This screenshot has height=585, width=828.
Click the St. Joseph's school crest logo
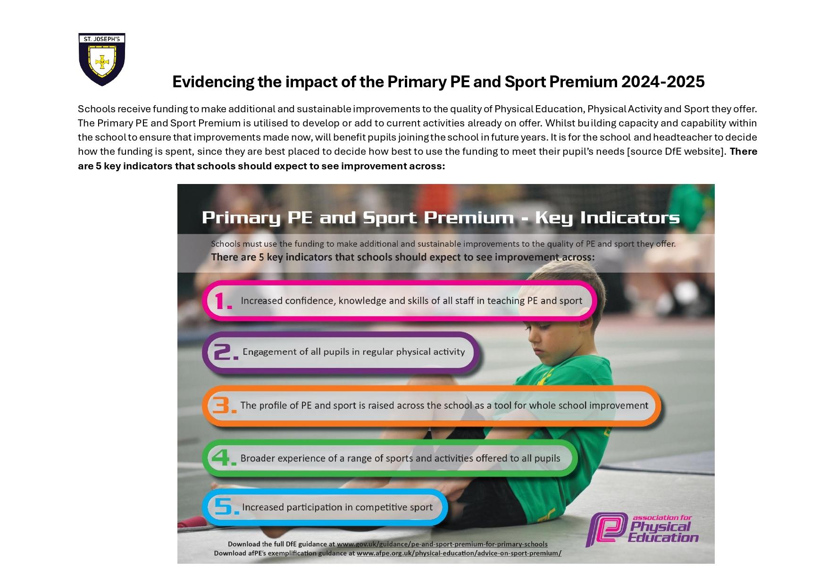[101, 59]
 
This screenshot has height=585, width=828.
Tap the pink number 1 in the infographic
[223, 301]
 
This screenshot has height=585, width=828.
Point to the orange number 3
[224, 405]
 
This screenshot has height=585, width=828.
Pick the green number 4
[224, 458]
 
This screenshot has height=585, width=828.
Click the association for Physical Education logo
[642, 529]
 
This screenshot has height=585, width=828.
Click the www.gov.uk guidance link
[442, 544]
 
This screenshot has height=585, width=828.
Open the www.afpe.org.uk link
[459, 553]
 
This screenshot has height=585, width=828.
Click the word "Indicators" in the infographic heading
[630, 217]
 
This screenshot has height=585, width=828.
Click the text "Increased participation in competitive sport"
[337, 507]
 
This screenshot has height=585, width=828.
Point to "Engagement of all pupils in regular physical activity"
[353, 352]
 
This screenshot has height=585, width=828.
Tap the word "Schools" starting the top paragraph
[96, 109]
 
